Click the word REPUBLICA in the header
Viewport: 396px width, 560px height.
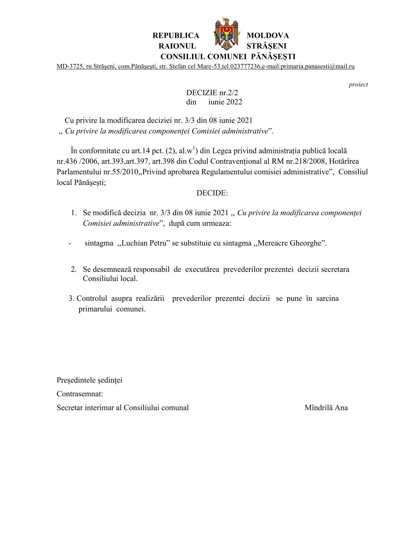click(x=176, y=36)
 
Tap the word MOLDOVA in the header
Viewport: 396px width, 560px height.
click(x=268, y=36)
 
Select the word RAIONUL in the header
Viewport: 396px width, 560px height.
click(x=177, y=46)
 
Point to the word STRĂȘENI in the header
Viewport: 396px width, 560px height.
click(x=266, y=46)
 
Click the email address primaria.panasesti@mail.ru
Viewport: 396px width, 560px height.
click(x=317, y=67)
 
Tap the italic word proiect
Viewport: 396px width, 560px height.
click(x=358, y=85)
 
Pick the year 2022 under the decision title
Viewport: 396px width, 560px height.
click(x=234, y=102)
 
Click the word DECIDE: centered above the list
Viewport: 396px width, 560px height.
click(x=212, y=193)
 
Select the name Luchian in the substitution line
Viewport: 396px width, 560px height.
click(x=133, y=243)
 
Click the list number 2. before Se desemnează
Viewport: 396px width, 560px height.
click(x=74, y=270)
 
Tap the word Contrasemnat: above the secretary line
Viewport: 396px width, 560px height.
click(x=80, y=394)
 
